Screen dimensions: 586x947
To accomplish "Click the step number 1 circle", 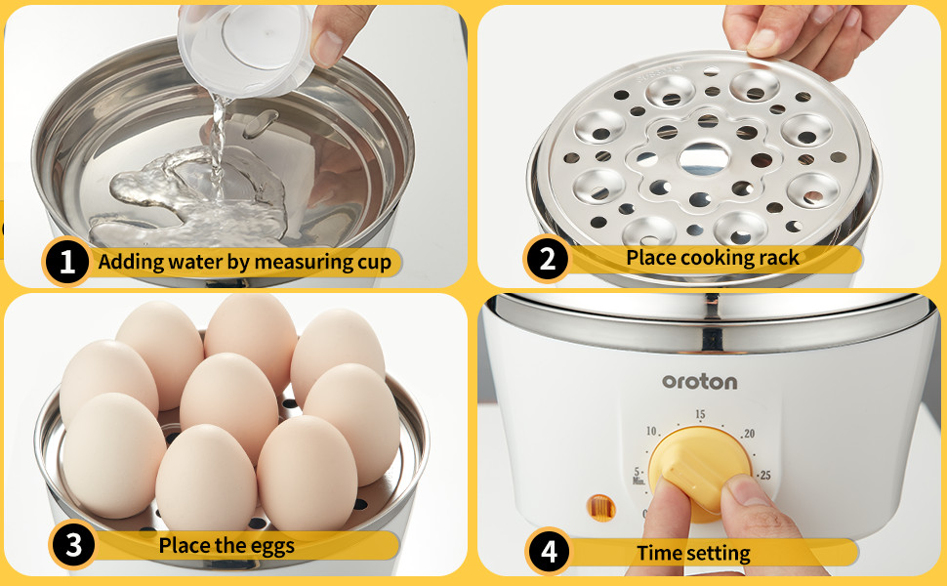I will (66, 262).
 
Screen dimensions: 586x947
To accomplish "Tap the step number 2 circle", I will (547, 259).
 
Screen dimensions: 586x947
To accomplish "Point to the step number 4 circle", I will (549, 553).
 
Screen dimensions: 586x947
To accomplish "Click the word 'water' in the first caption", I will (186, 262).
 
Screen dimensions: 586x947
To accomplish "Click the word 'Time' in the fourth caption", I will (660, 553).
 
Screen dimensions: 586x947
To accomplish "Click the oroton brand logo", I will (700, 381).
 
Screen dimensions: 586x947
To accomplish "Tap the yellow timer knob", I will (699, 474).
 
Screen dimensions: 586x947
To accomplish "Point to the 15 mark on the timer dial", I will (699, 415).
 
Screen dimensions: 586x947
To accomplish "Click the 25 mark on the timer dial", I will (764, 476).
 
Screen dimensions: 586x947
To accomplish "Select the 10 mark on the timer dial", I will (651, 431).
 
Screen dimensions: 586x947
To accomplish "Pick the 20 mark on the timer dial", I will (749, 434).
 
